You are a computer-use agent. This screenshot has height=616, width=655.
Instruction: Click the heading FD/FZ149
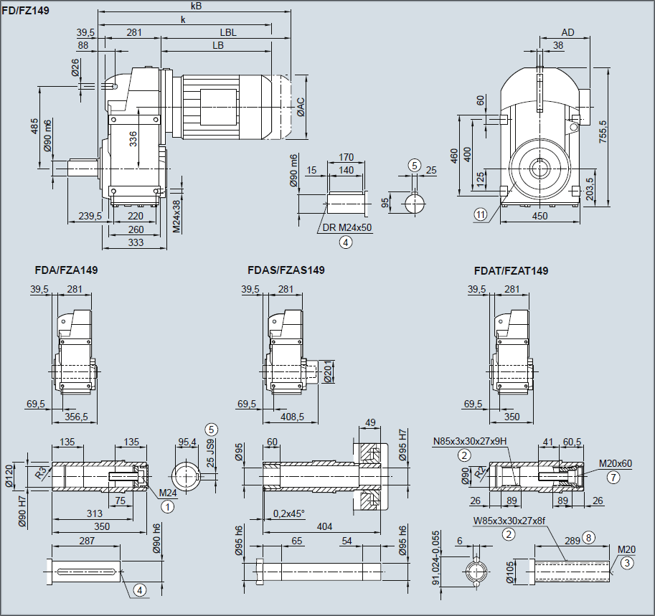tap(25, 11)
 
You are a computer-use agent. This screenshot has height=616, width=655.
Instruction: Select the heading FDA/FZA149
tap(66, 270)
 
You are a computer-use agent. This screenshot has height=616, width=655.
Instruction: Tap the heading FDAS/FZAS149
tap(286, 270)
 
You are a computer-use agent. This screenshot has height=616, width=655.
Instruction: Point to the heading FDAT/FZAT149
tap(511, 270)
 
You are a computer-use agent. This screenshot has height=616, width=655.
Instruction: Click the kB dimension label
tap(197, 6)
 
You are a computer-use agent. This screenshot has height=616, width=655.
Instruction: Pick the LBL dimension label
tap(228, 32)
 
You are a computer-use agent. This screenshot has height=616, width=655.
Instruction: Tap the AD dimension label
tap(567, 32)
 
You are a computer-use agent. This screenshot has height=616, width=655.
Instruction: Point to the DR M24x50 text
tap(349, 227)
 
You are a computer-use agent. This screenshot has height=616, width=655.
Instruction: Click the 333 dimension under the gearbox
tap(135, 242)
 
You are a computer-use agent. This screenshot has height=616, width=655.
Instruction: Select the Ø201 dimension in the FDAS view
tap(327, 372)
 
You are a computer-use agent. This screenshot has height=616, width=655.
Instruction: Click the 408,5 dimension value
tap(292, 416)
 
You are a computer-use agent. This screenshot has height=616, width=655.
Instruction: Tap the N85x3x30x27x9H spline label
tap(471, 441)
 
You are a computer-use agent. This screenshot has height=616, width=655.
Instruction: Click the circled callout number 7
tap(612, 476)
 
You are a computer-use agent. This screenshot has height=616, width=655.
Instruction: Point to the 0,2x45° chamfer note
tap(289, 513)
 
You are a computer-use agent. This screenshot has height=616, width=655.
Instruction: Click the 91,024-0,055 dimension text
tap(435, 558)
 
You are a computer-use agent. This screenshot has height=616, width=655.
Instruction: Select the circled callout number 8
tap(589, 537)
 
